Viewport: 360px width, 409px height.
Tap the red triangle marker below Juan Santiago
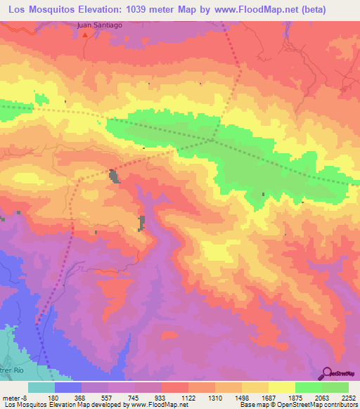(84, 32)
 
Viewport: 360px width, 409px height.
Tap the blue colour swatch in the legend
(68, 387)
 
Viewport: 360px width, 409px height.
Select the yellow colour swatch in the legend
(281, 387)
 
